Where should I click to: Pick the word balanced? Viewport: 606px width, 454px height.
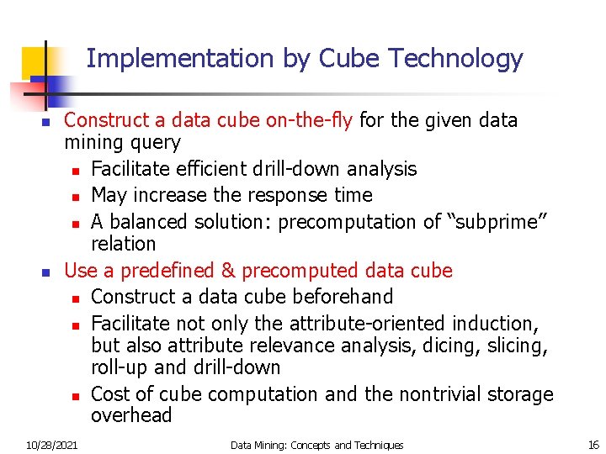coord(149,222)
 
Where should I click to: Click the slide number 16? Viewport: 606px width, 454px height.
coord(593,445)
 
